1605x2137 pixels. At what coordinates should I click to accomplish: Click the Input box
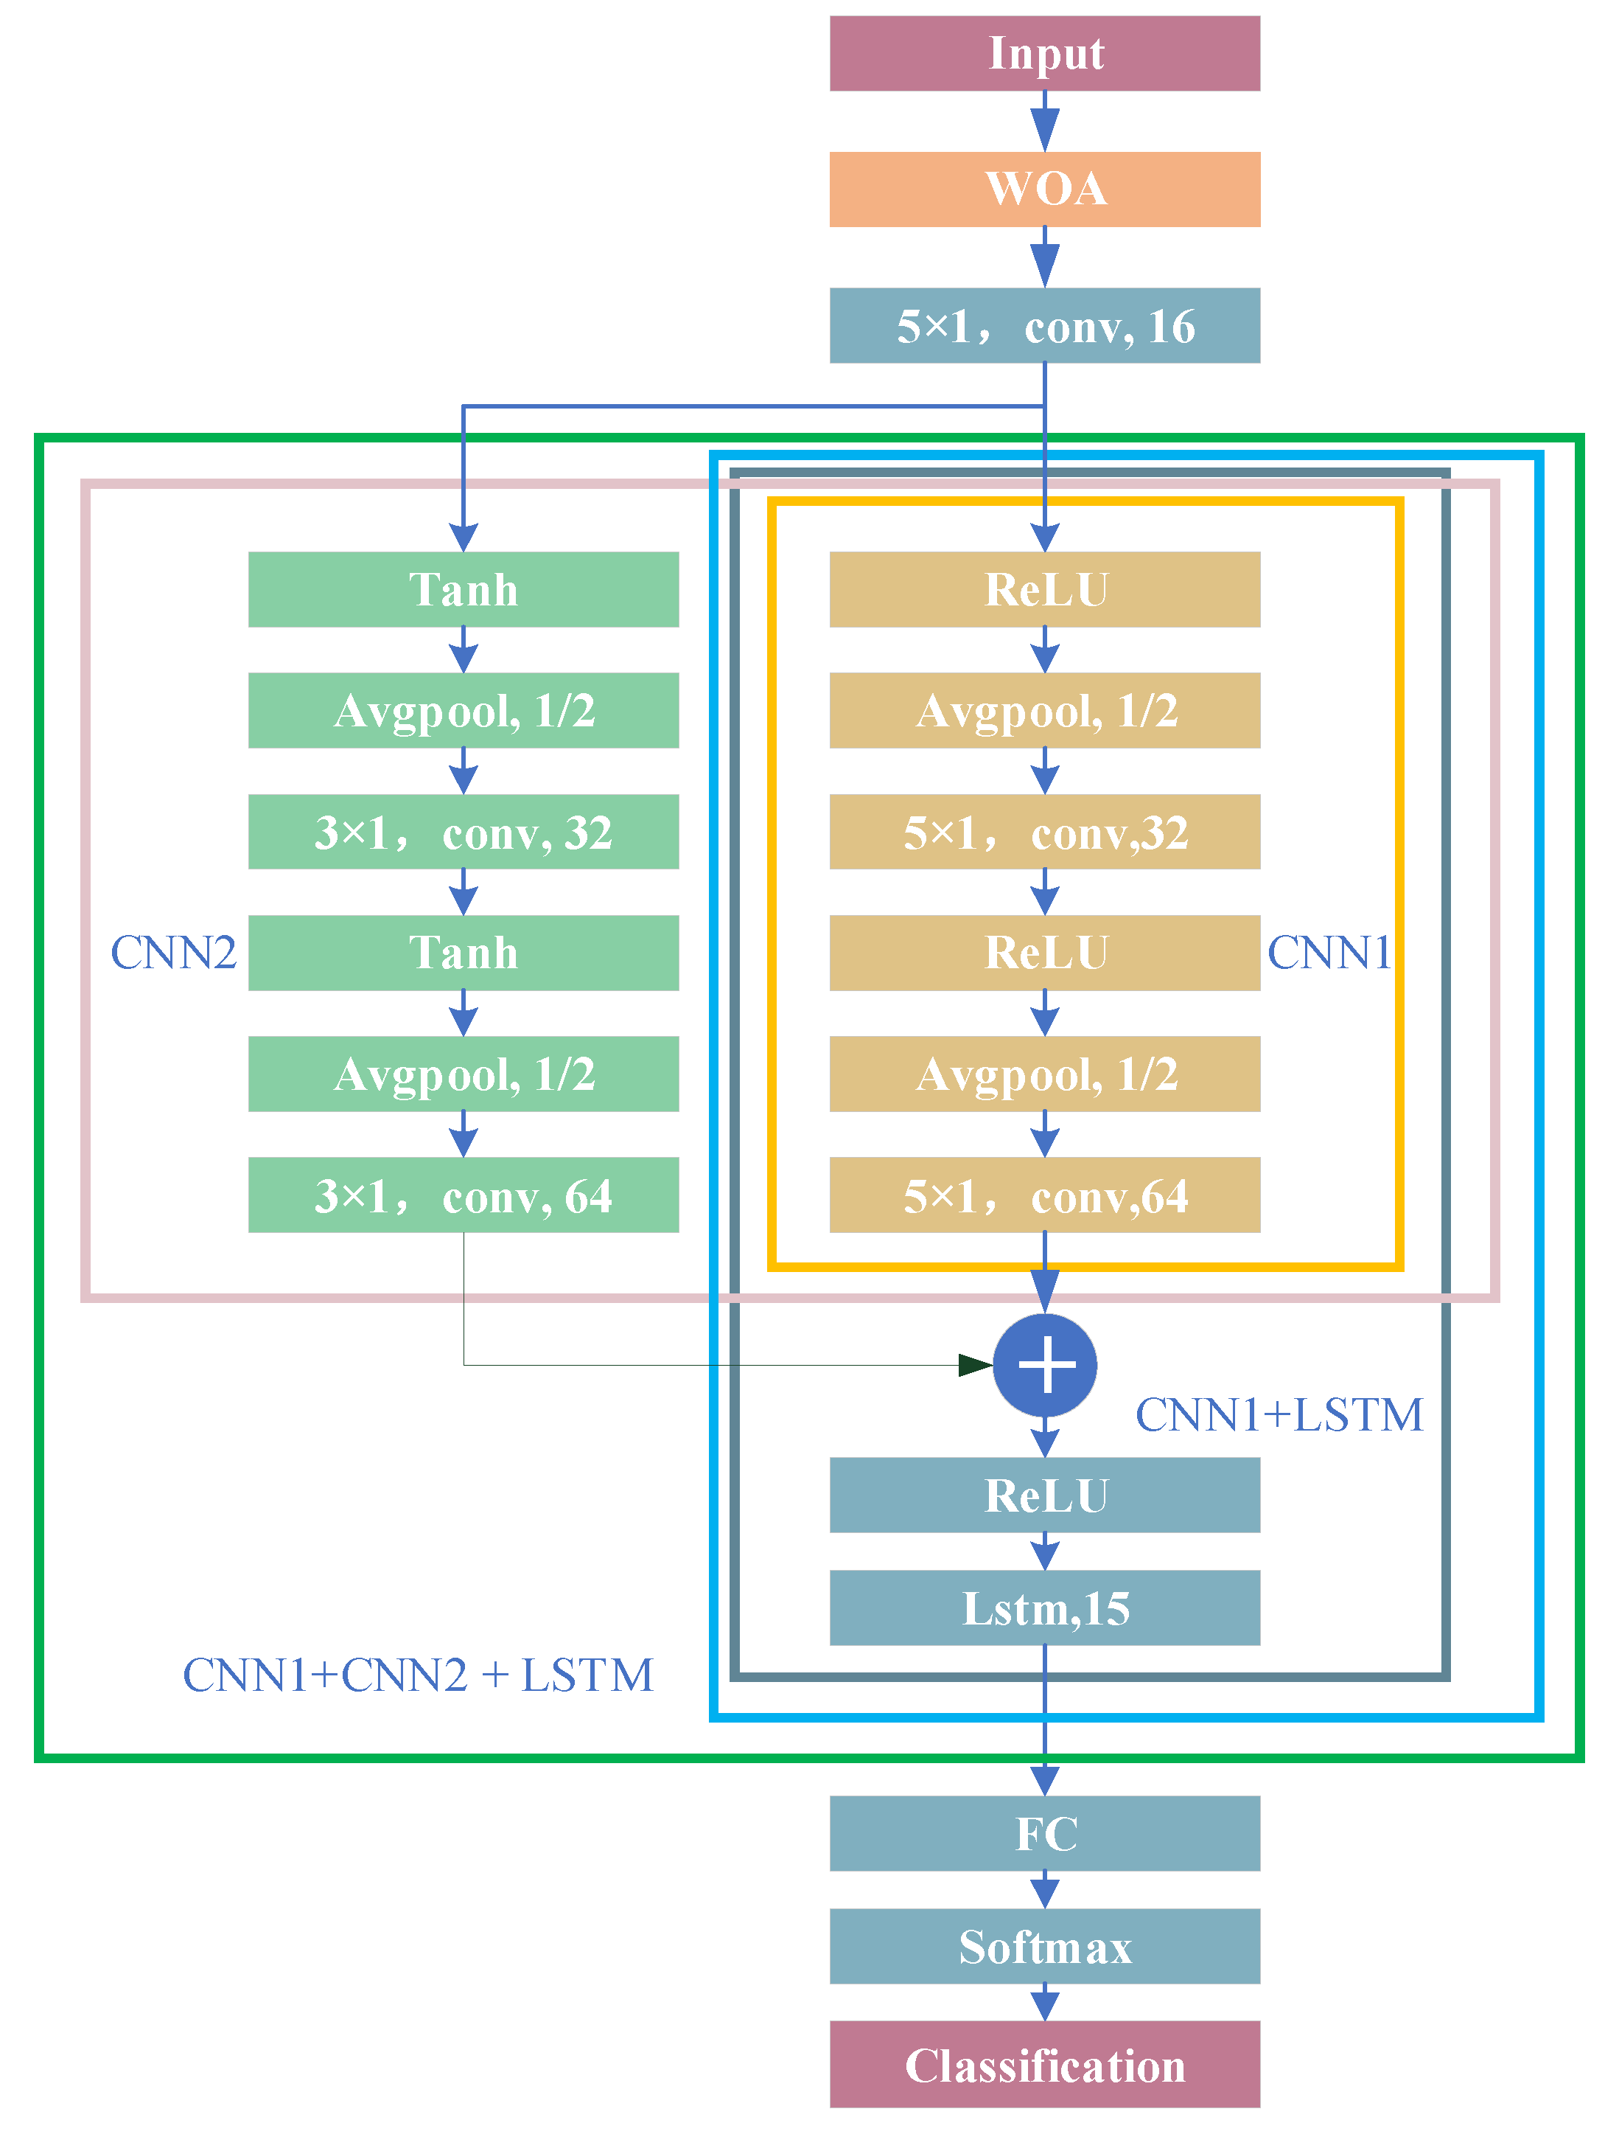[1044, 53]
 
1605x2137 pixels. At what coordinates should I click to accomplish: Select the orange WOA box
[1044, 190]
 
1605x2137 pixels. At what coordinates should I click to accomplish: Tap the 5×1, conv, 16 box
[1044, 326]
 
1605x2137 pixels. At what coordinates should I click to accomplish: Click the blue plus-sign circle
[1044, 1364]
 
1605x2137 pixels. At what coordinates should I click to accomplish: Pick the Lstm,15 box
[1044, 1608]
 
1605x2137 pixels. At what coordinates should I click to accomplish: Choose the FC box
[1044, 1834]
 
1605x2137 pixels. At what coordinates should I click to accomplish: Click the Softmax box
[1044, 1946]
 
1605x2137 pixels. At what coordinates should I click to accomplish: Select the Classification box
[1044, 2065]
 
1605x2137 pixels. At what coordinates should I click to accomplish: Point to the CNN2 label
[173, 953]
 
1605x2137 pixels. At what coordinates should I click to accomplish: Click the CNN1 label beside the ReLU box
[1328, 953]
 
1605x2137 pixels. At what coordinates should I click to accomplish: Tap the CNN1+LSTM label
[1278, 1415]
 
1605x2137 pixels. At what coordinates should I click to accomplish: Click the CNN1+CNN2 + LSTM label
[417, 1675]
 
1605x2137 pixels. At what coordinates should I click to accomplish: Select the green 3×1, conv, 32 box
[463, 832]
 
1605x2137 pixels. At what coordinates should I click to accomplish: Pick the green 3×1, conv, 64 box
[463, 1195]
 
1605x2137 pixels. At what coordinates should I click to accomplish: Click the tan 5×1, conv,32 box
[1044, 832]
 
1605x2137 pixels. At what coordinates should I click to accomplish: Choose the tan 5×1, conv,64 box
[1044, 1195]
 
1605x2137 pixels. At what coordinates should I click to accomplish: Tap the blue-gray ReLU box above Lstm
[1044, 1495]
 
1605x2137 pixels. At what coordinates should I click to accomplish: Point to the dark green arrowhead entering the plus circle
[973, 1364]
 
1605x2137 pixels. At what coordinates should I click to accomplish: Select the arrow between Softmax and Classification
[1044, 2003]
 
